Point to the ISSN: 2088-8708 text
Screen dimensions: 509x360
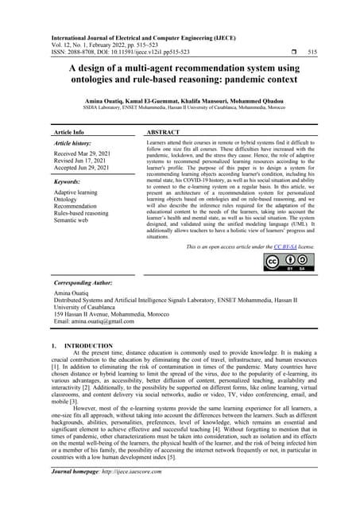(x=78, y=51)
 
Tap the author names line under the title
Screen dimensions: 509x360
(x=180, y=103)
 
